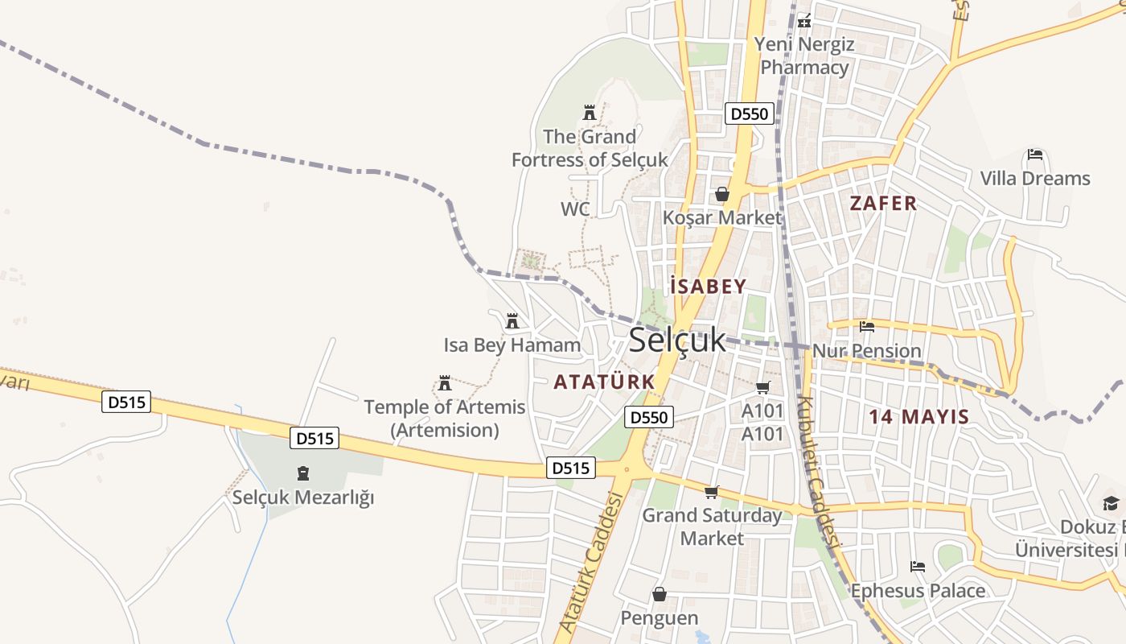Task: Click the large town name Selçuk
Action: [x=677, y=341]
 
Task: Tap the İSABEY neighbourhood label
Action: [x=708, y=286]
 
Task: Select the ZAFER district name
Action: [x=883, y=203]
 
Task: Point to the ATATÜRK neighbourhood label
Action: [x=604, y=382]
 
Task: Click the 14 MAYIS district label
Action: [x=918, y=417]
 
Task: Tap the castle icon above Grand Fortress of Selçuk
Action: [x=590, y=113]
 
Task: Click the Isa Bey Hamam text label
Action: [x=512, y=345]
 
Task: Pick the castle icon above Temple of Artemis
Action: [x=445, y=382]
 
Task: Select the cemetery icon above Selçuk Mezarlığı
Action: [x=303, y=473]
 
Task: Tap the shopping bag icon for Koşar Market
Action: [x=722, y=194]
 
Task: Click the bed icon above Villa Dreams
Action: [x=1035, y=155]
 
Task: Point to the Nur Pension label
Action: [x=866, y=351]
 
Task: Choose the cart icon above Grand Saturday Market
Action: [x=711, y=492]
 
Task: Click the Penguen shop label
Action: [x=660, y=617]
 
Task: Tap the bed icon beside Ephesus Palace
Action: [x=917, y=567]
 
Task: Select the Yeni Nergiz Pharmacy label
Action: [x=804, y=56]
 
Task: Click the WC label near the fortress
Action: [x=575, y=209]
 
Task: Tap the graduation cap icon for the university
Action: [x=1111, y=503]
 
